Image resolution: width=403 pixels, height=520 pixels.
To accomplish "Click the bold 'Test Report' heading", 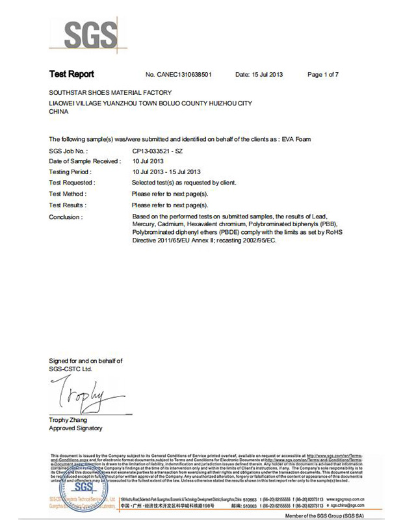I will tap(71, 75).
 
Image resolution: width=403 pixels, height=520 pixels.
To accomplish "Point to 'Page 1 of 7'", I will tap(322, 75).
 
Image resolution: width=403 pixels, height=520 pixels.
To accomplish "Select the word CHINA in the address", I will tap(58, 112).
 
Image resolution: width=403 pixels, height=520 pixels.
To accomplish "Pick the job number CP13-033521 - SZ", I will tap(157, 150).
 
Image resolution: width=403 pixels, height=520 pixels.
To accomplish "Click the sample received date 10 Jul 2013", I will tap(148, 161).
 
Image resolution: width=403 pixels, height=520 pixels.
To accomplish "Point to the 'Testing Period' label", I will tap(68, 172).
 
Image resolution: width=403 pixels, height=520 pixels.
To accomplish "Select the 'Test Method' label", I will tap(68, 194).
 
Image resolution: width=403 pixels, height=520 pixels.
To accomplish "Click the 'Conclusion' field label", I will tap(66, 217).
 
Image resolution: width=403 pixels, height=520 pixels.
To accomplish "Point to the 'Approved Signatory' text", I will tap(75, 428).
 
